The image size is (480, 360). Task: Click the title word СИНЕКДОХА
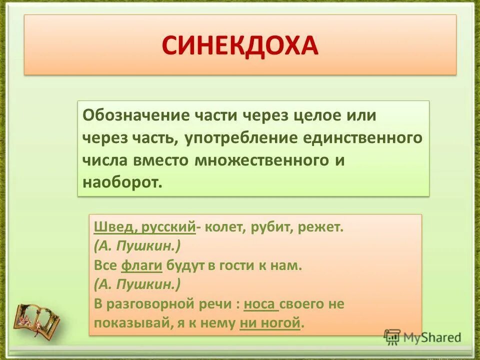point(240,45)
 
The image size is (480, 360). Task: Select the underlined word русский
point(168,228)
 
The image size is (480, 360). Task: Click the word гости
point(230,265)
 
